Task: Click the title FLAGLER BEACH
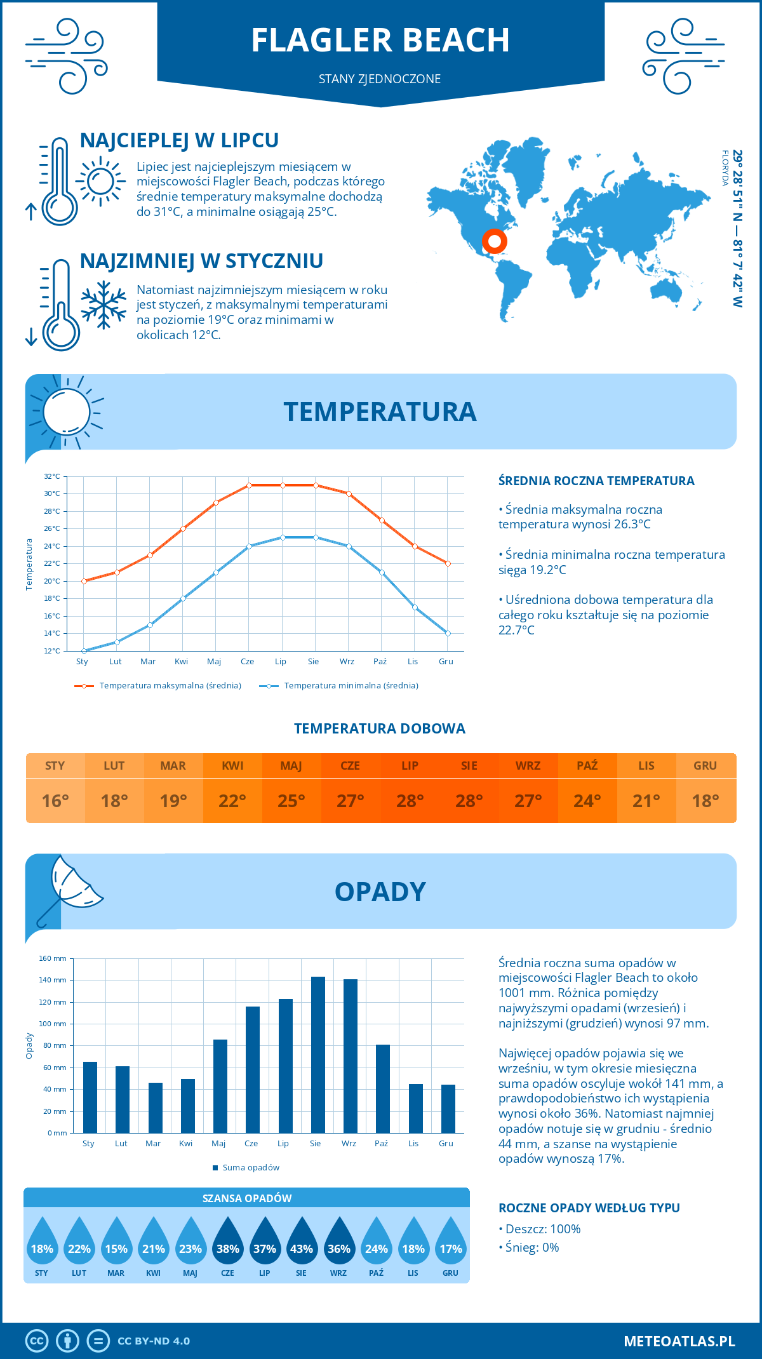(380, 40)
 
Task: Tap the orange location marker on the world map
(494, 241)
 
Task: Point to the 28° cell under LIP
(410, 801)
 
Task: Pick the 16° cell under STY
(55, 801)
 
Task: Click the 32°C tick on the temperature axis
(52, 476)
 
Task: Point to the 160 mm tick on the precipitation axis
(53, 958)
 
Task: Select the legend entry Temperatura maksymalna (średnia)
(170, 686)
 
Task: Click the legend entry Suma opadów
(250, 1168)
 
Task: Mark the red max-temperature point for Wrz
(349, 493)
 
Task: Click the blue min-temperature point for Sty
(84, 651)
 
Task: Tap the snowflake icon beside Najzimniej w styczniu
(104, 305)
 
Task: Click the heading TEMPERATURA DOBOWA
(380, 728)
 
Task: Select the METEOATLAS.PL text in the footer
(679, 1341)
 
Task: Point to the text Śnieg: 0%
(532, 1247)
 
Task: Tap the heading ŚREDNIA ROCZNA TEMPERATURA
(596, 481)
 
